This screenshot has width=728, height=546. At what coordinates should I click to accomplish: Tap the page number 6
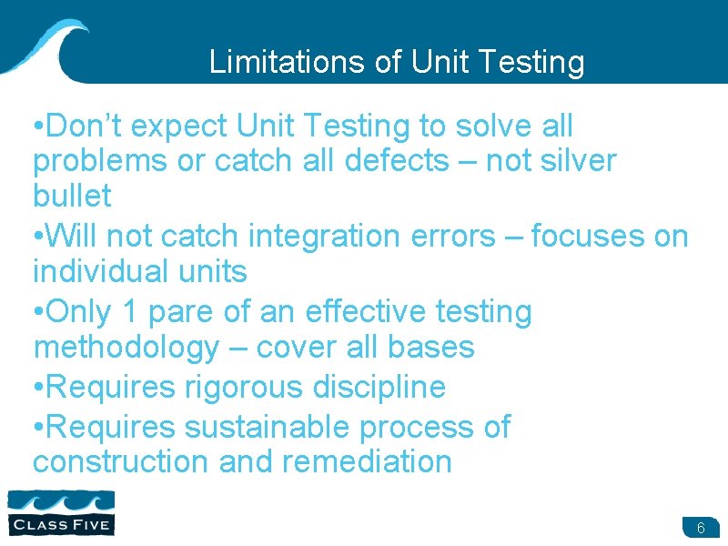click(x=701, y=529)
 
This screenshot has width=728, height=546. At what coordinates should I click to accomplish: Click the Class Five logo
click(x=61, y=511)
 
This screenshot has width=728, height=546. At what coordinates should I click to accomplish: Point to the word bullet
click(x=72, y=196)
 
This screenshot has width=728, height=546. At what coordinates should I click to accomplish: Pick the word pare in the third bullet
click(x=180, y=311)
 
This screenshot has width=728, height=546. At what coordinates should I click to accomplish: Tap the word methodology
click(x=126, y=347)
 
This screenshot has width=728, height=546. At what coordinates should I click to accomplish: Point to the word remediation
click(x=367, y=461)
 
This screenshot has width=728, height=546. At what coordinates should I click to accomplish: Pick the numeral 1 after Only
click(x=129, y=311)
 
